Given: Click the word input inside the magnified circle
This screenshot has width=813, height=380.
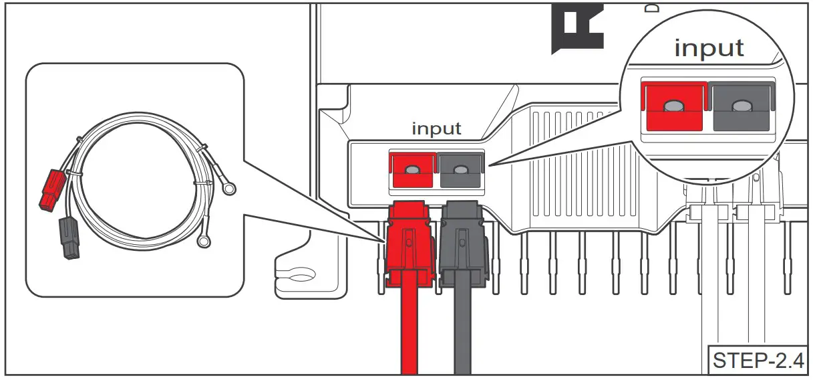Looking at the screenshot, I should pos(708,48).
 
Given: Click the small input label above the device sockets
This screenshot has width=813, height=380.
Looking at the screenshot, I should pos(436,128).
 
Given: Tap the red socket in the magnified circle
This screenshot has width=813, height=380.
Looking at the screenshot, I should pos(673,107).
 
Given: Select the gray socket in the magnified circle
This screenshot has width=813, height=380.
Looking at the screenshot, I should pos(739,107).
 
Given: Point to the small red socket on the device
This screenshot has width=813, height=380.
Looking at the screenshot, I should pos(412,171).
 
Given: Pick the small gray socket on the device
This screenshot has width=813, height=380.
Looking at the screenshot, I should pos(460,171).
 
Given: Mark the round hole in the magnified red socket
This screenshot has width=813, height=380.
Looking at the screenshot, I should pos(674,106).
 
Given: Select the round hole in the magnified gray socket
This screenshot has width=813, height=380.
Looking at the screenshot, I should pos(740,106).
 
